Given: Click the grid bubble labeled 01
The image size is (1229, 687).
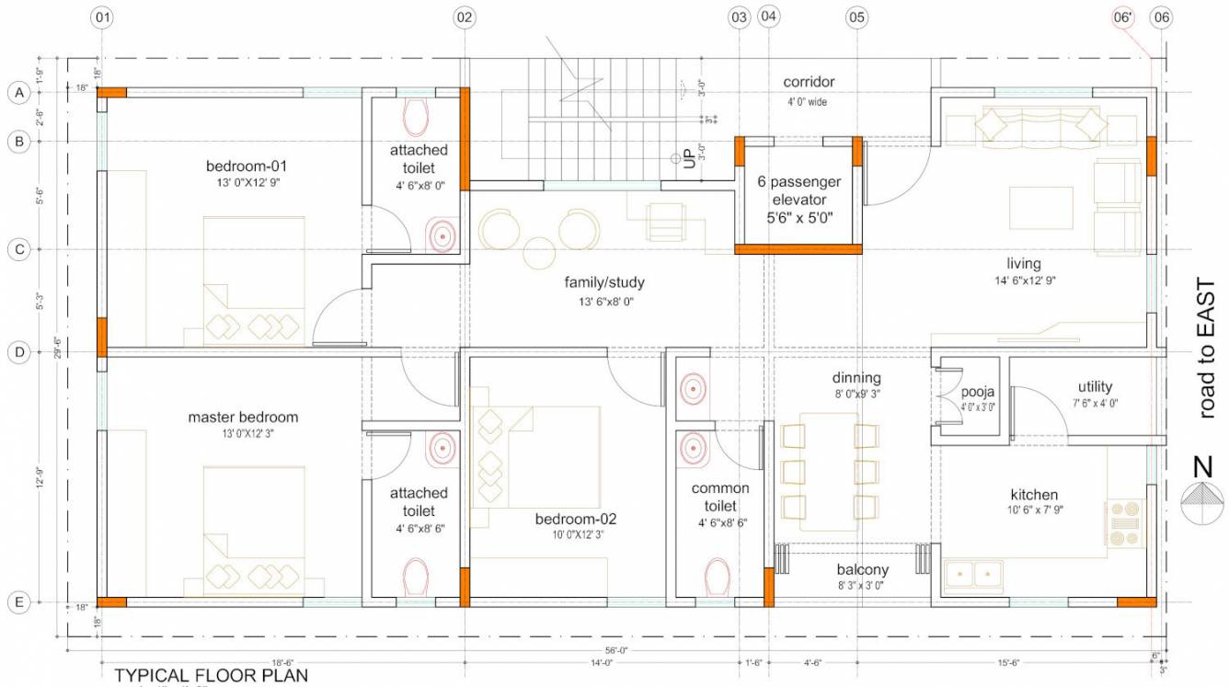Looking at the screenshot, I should (102, 17).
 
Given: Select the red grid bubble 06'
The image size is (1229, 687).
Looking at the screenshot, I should (1122, 17).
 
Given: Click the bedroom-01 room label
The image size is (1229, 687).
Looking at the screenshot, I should (247, 166).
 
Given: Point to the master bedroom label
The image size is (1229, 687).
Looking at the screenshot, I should (243, 417).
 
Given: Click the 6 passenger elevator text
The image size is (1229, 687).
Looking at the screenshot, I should (798, 191).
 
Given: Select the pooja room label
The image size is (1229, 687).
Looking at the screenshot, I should (977, 392).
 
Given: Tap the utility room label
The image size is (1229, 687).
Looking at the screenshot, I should (1095, 387).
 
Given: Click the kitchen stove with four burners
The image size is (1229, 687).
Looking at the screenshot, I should (1123, 522).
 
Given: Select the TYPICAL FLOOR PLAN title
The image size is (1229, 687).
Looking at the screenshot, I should (211, 676).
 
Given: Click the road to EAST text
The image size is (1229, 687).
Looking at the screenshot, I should (1207, 349).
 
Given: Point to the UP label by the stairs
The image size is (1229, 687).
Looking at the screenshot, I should (689, 161).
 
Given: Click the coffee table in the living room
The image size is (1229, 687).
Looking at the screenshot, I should (1040, 208).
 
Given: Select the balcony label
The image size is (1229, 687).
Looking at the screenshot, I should (862, 570).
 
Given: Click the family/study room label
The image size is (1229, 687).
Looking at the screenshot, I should (604, 282).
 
